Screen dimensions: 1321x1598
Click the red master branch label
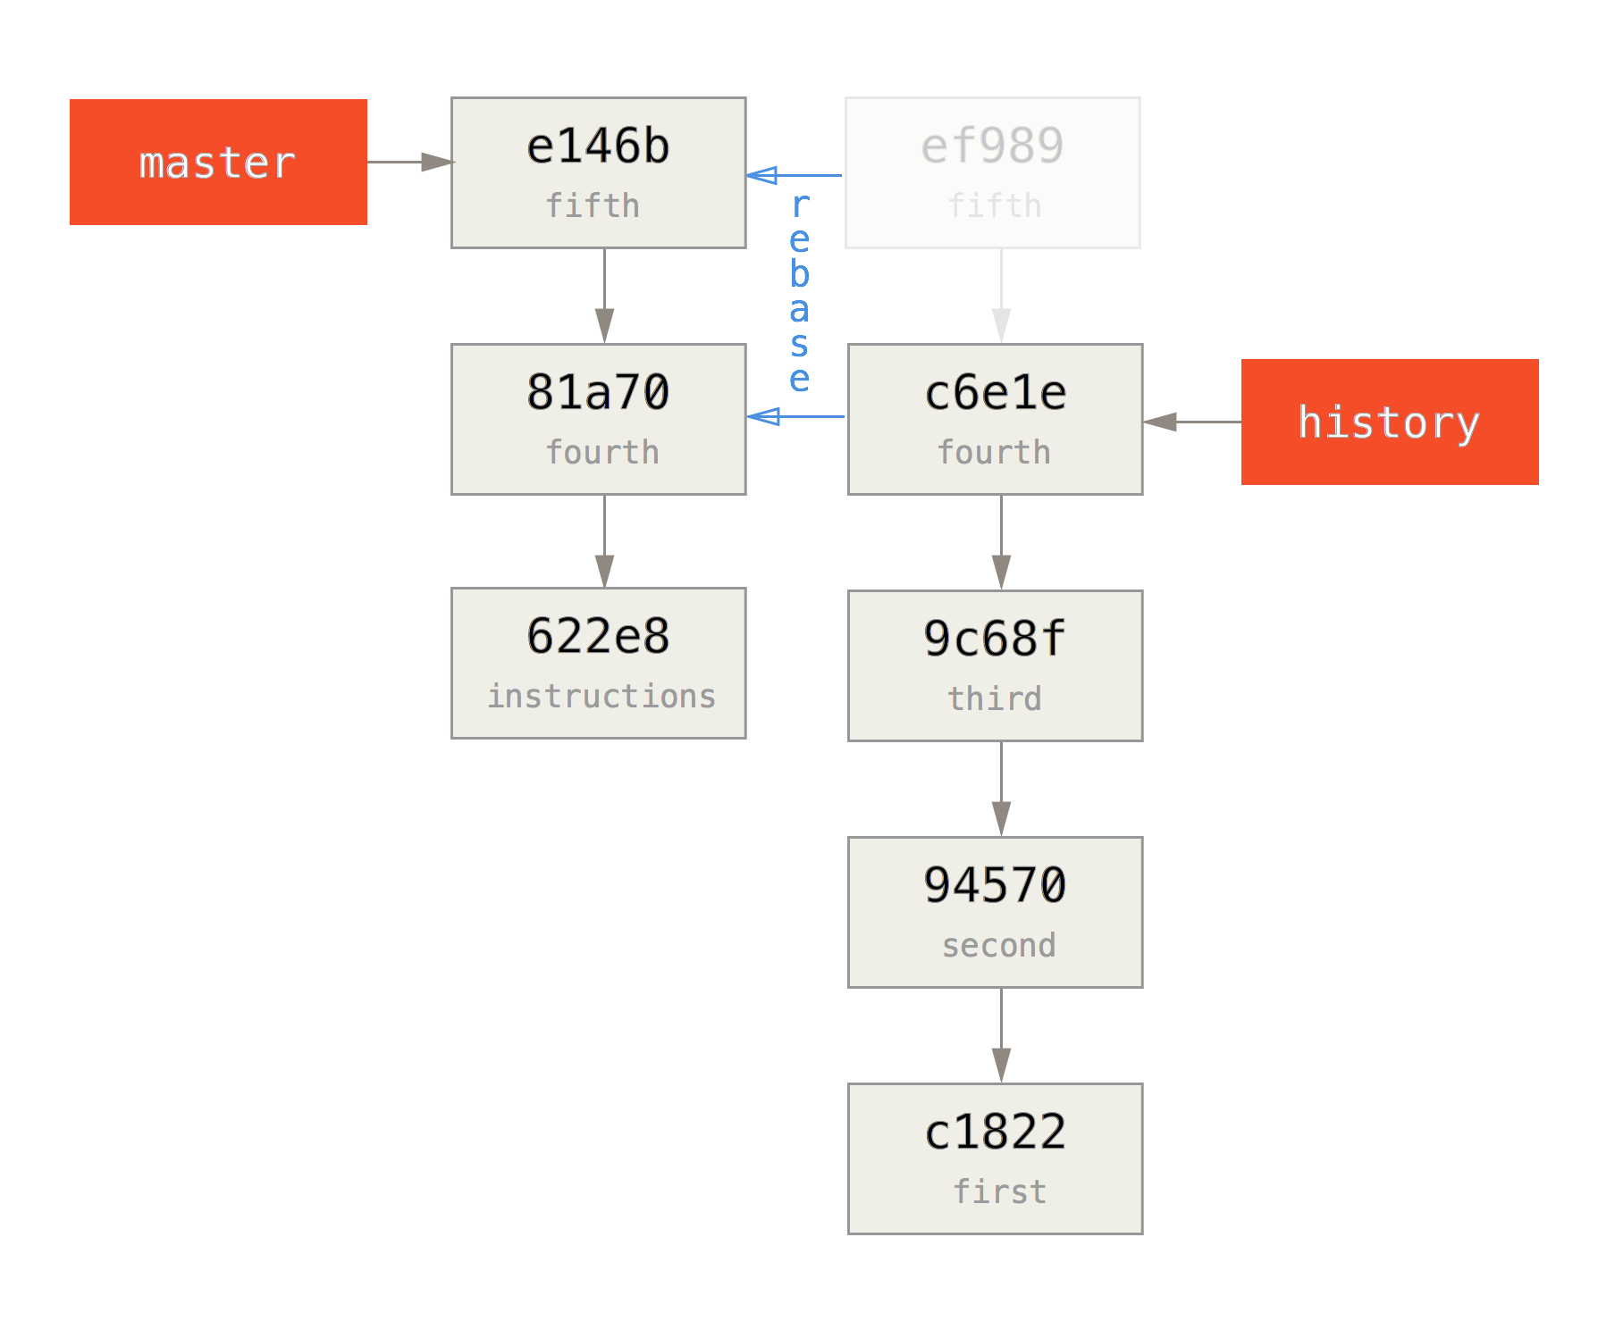point(218,163)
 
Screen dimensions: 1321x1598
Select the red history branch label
point(1389,422)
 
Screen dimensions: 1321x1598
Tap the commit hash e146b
point(598,146)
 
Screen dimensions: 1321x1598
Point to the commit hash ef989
point(992,146)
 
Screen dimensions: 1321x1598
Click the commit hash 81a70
point(598,392)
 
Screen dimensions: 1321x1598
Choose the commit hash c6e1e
point(995,393)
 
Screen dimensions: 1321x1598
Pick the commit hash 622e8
point(598,636)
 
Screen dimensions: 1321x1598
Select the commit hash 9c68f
point(995,639)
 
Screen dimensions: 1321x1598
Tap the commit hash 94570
point(995,885)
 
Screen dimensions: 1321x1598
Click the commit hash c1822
point(995,1132)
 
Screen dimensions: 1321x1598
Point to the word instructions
point(601,696)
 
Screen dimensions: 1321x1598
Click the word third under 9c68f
point(995,698)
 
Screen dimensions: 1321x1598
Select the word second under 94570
point(998,945)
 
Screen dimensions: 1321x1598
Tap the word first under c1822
point(999,1191)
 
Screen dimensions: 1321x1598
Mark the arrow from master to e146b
point(409,163)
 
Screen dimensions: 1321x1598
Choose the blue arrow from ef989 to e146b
point(794,175)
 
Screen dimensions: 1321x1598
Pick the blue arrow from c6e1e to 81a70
point(795,416)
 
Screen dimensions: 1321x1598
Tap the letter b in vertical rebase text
point(800,273)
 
